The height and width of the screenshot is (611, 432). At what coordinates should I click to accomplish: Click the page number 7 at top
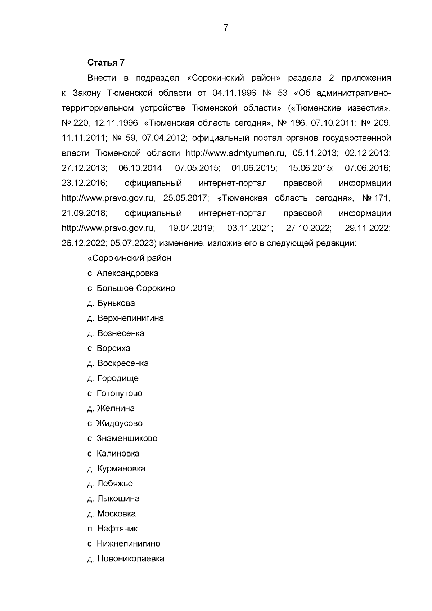pos(226,28)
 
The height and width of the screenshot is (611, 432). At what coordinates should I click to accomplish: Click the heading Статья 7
pos(106,63)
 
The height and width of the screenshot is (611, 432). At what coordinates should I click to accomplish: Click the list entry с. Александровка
pos(123,273)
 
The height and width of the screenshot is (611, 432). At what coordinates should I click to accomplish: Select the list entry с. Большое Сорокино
pos(131,288)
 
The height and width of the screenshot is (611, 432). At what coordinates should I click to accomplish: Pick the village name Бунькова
pos(116,304)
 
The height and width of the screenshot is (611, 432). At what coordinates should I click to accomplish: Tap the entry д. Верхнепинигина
pos(126,318)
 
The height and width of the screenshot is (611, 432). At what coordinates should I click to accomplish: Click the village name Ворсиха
pos(113,349)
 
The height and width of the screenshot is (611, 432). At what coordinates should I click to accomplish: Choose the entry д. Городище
pos(113,378)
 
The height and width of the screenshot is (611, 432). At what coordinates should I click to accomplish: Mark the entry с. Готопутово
pos(115,394)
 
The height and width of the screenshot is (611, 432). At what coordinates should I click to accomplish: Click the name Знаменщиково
pos(127,439)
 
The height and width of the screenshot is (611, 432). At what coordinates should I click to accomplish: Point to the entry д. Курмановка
pos(117,469)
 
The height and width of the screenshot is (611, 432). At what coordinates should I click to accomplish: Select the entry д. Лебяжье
pos(110,484)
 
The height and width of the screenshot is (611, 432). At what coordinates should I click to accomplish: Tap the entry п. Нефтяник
pos(113,529)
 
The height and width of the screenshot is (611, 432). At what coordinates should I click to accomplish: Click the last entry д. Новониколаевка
pos(126,559)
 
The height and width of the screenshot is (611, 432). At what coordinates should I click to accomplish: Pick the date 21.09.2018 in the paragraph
pos(84,213)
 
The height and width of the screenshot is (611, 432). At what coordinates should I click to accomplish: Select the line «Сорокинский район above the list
pos(130,258)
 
